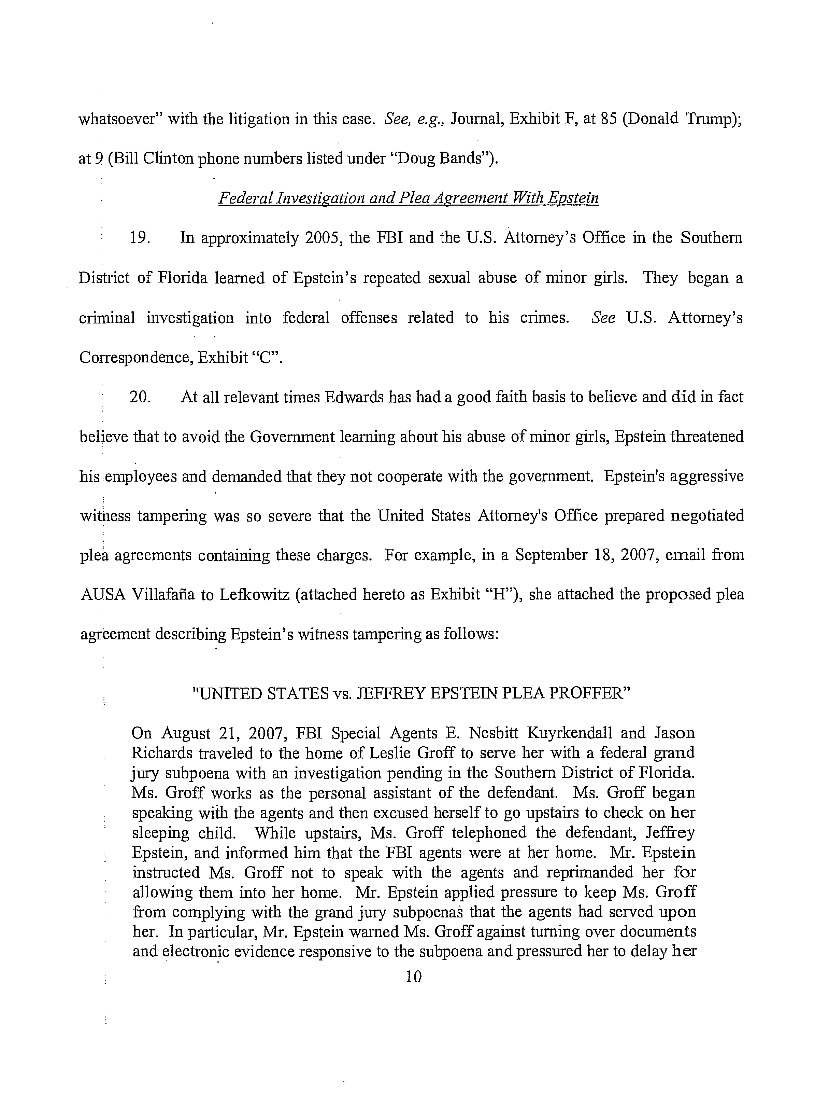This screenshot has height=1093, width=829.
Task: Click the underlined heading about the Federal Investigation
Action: click(408, 199)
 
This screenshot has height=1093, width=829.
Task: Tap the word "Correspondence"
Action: click(135, 357)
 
